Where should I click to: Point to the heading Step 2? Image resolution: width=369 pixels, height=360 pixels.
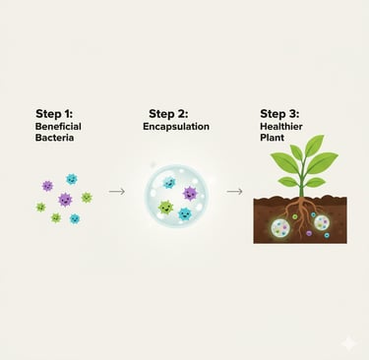(171, 114)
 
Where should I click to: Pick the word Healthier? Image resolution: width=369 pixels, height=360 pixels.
(283, 127)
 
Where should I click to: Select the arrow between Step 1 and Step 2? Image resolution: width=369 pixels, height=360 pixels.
(116, 191)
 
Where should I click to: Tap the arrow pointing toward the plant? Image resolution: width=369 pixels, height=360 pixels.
(234, 191)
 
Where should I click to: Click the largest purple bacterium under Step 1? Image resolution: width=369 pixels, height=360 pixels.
(65, 200)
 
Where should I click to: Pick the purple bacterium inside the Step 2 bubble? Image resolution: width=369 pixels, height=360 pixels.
(189, 194)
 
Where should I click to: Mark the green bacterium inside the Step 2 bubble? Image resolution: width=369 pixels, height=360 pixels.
(166, 209)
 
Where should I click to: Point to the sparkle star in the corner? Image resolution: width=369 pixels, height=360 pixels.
(348, 342)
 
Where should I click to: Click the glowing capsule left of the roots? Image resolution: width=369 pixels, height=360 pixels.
(283, 229)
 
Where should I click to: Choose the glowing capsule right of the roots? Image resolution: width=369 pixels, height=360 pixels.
(322, 222)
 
